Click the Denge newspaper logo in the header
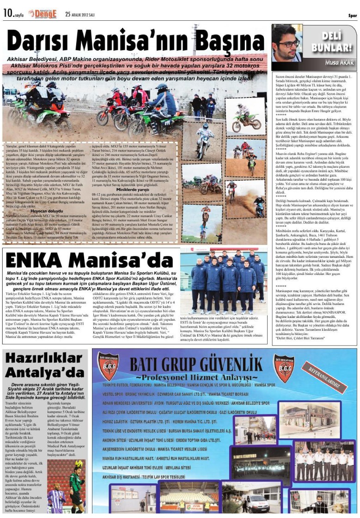(42, 13)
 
